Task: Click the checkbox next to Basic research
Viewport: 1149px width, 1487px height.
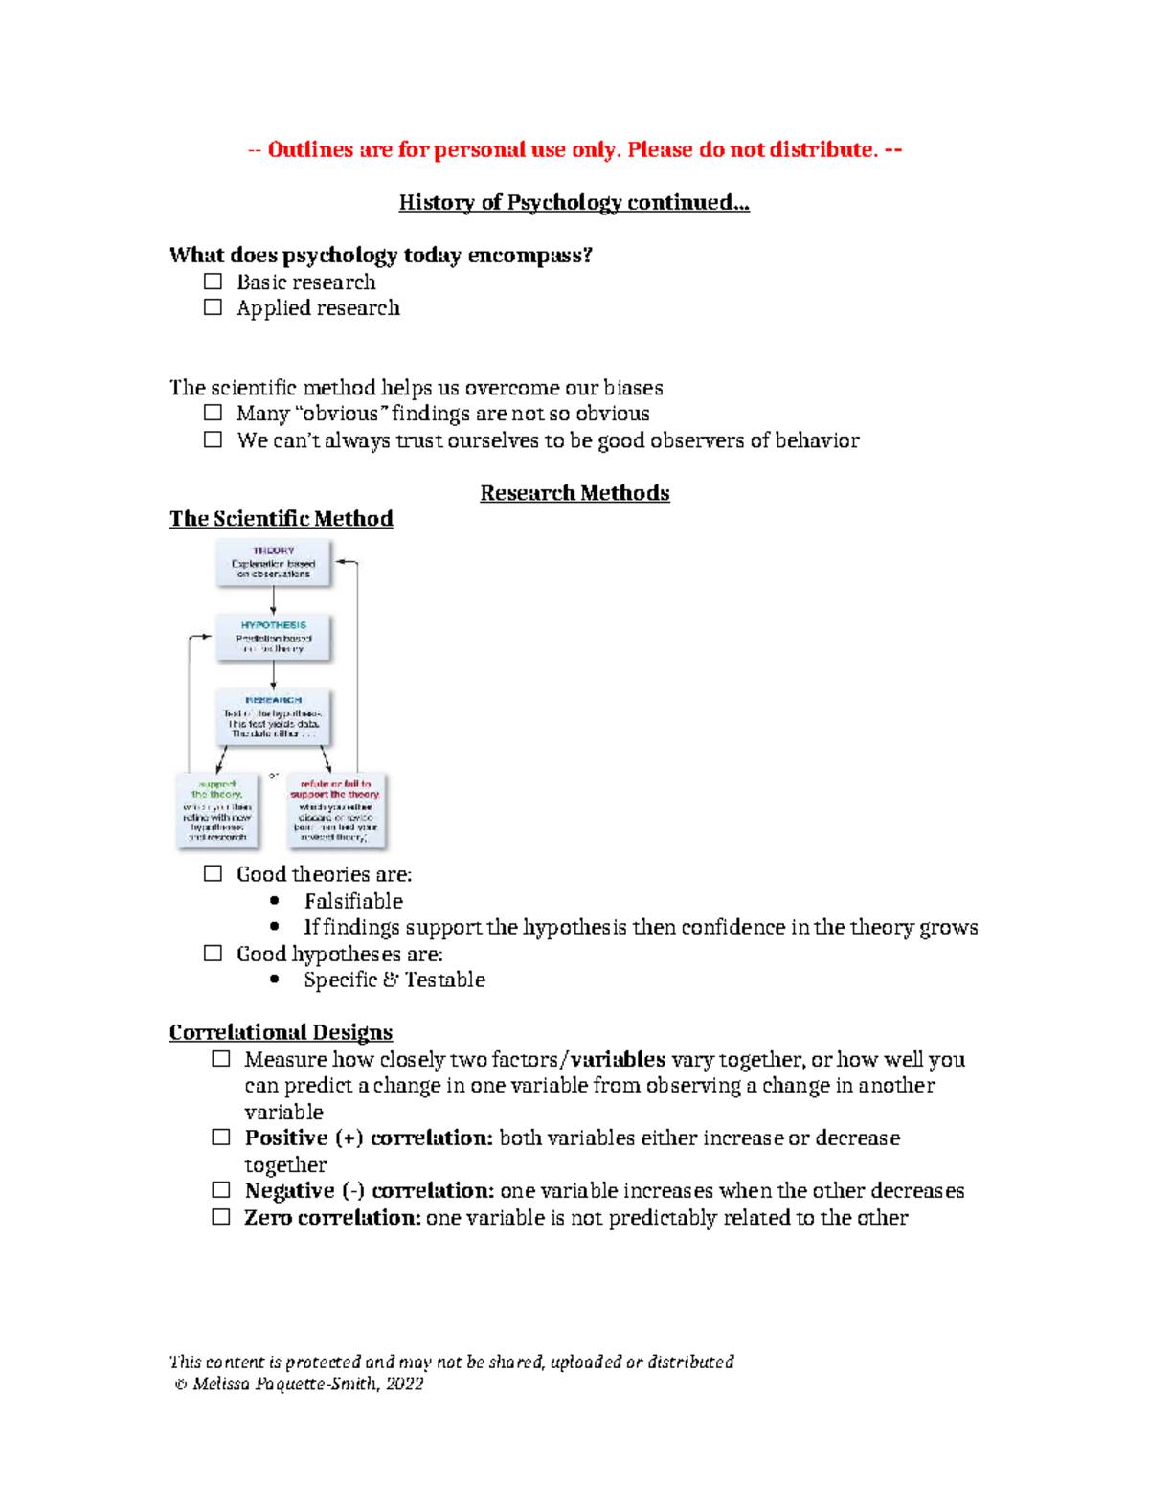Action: [213, 282]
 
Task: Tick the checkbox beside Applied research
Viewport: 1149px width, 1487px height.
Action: [213, 307]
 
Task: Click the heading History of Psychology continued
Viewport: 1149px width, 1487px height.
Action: [574, 202]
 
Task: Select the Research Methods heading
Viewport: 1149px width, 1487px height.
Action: [574, 493]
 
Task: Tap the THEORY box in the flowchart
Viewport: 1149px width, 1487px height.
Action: [273, 563]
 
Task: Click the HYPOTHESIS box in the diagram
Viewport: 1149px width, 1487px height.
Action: [273, 638]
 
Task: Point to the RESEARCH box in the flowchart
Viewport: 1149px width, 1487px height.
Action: [273, 717]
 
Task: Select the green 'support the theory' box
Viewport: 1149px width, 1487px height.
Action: [217, 810]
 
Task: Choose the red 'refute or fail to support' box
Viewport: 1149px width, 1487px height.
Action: [336, 810]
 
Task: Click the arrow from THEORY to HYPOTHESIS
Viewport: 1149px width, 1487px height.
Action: [273, 600]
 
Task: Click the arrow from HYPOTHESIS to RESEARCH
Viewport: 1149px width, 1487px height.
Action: [273, 675]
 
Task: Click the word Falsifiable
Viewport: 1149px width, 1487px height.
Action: [353, 901]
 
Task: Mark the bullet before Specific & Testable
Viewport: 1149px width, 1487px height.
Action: [275, 980]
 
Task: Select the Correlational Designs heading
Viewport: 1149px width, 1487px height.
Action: [281, 1032]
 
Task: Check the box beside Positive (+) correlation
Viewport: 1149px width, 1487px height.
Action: [221, 1138]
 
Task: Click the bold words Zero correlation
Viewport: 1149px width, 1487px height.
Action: [332, 1218]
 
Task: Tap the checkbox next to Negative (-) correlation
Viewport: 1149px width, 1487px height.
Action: [221, 1190]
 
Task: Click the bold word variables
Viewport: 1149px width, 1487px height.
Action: [618, 1059]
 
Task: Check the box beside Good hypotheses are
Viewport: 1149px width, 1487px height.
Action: [213, 954]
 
